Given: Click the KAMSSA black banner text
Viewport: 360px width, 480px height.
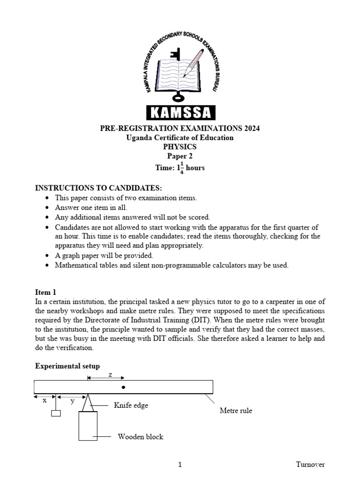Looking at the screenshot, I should pyautogui.click(x=180, y=112).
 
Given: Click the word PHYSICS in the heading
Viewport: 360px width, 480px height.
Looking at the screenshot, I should pyautogui.click(x=180, y=147).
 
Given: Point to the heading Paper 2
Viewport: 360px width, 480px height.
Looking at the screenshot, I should pyautogui.click(x=180, y=157).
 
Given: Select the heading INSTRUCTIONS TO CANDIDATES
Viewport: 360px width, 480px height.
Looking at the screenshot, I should pyautogui.click(x=98, y=188).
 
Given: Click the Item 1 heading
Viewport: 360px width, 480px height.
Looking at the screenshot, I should pyautogui.click(x=45, y=292).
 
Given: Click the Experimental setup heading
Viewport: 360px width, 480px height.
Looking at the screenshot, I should pyautogui.click(x=67, y=366).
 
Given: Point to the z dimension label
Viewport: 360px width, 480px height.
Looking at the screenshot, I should pyautogui.click(x=110, y=375).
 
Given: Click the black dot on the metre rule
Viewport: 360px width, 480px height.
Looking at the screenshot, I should pyautogui.click(x=123, y=387).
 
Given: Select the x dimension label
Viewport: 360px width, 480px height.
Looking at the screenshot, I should pyautogui.click(x=45, y=400).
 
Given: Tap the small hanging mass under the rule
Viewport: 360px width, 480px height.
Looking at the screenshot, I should pyautogui.click(x=56, y=413).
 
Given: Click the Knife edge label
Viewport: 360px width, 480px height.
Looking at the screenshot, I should pyautogui.click(x=131, y=405).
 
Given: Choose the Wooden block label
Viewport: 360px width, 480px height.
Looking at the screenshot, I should pyautogui.click(x=140, y=437).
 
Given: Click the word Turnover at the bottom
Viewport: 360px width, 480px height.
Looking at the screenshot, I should pyautogui.click(x=310, y=465).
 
